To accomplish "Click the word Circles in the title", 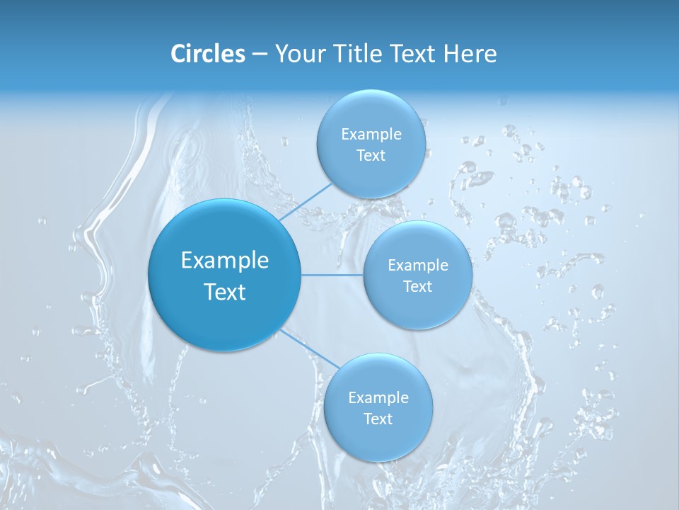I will coord(207,54).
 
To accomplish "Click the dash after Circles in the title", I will coord(259,55).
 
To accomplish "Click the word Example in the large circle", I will coord(224,261).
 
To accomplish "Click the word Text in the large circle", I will coord(224,292).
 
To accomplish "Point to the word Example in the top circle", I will coord(371,135).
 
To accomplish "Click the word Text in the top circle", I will coord(371,156).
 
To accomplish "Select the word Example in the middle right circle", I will coord(417,266).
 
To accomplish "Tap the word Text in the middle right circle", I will coord(417,287).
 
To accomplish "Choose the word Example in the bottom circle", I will coord(378,398).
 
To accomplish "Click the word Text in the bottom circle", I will coord(378,419).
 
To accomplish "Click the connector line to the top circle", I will coord(306,203).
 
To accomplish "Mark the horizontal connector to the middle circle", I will coord(332,275).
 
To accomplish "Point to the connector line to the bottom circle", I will coord(310,349).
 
